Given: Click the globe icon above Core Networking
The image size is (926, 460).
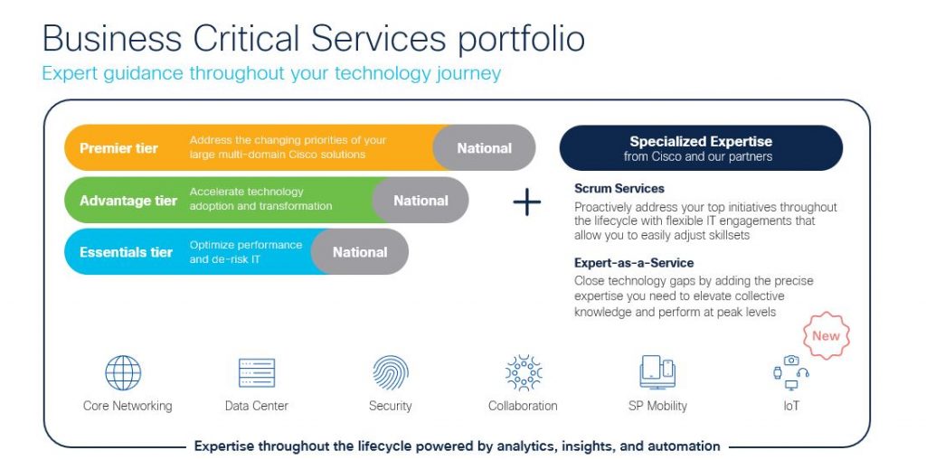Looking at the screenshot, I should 123,372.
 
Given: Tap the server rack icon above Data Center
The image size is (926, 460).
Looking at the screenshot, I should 257,372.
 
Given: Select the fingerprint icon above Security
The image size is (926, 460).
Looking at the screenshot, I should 391,372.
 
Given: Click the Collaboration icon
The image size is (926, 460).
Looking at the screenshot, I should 523,372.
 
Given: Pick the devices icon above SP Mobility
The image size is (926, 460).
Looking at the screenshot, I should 657,371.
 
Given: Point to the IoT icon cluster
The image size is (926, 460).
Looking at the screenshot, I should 791,371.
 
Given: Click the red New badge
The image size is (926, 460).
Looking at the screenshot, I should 826,336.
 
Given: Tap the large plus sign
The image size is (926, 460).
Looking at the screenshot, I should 526,202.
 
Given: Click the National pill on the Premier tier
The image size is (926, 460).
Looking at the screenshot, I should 484,148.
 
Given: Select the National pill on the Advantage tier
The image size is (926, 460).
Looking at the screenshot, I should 420,201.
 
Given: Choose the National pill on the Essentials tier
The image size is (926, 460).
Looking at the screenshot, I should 360,252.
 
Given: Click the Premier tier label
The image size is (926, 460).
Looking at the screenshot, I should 118,148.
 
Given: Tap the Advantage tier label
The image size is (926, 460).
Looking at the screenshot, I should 128,201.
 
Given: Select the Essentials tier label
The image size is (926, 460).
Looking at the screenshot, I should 126,252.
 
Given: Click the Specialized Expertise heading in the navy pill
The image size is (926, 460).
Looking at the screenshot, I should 701,142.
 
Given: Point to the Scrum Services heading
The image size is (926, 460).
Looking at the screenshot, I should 619,189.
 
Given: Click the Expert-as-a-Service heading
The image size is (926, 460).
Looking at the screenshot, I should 634,263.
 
